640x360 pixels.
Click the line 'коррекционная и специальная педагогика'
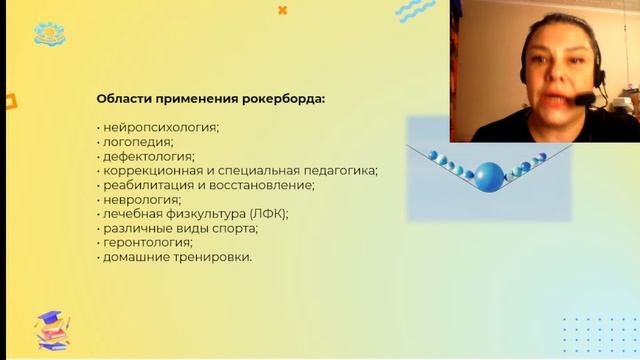[x=239, y=171]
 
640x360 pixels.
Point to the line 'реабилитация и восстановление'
[x=208, y=185]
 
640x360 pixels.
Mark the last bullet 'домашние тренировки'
[x=176, y=257]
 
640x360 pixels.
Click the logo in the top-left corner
[x=48, y=34]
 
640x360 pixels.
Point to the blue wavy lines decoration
[x=414, y=11]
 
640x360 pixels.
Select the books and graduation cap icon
[x=53, y=327]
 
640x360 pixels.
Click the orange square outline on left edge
[x=9, y=99]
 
